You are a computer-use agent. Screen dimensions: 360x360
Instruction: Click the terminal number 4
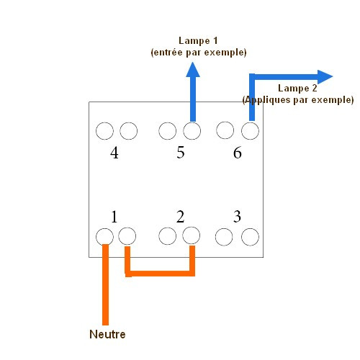point(114,153)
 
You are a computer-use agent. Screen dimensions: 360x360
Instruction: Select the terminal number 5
point(181,153)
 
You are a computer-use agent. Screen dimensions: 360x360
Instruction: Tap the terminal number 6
point(238,153)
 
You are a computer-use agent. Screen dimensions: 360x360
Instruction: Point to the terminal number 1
point(114,217)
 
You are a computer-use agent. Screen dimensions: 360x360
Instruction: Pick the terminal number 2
point(180,217)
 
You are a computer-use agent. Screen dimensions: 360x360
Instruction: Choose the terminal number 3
point(237,216)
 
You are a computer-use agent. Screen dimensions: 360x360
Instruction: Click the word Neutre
point(107,334)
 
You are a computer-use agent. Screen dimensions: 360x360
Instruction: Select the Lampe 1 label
point(198,41)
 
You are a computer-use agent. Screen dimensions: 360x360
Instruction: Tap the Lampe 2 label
point(297,88)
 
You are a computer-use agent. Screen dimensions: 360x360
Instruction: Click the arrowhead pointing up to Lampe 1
point(193,70)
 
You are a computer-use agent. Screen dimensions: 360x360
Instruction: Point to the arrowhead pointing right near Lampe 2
point(325,77)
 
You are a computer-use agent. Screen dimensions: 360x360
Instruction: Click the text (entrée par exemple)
point(199,53)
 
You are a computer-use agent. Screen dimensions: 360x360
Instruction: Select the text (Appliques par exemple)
point(298,100)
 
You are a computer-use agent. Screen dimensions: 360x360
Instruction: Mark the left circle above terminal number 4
point(104,131)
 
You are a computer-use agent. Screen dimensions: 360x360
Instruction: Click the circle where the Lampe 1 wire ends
point(192,131)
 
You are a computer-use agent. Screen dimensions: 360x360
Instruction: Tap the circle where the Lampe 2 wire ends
point(250,131)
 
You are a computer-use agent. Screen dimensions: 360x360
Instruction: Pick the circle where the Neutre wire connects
point(104,237)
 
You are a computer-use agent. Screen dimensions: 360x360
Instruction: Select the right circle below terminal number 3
point(250,237)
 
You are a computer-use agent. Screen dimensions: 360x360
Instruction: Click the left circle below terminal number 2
point(168,236)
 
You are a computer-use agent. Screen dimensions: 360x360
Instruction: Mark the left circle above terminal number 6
point(225,130)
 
